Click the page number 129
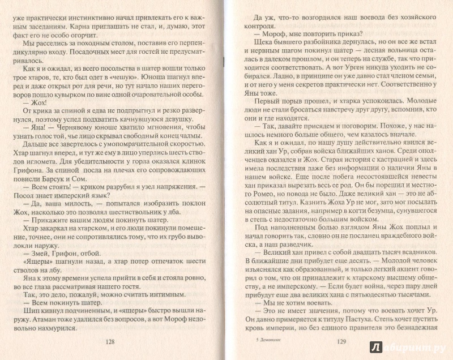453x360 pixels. point(341,341)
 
